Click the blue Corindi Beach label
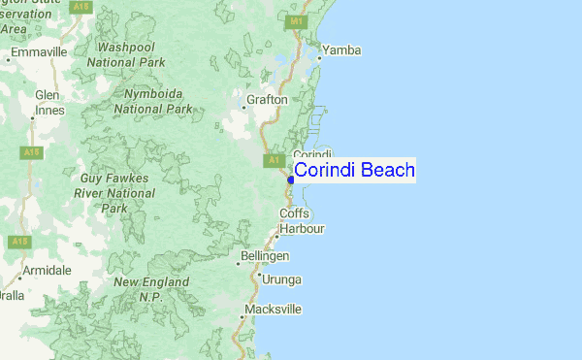[354, 171]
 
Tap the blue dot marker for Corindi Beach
[291, 179]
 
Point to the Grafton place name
[267, 99]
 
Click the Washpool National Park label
[126, 54]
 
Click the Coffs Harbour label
[299, 221]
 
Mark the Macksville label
[273, 310]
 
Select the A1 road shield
[274, 159]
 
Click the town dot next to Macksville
[242, 316]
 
